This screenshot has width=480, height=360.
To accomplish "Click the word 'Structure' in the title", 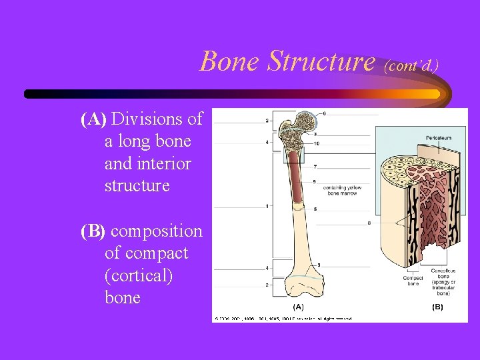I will click(321, 61).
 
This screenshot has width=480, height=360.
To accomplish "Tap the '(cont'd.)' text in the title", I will click(412, 65).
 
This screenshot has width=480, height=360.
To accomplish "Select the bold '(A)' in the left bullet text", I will click(93, 119).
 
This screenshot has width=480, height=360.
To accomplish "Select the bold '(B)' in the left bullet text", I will click(93, 231).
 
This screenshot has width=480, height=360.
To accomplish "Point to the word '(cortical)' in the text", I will click(139, 275).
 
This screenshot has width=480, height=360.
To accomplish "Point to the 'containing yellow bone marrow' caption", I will click(341, 191).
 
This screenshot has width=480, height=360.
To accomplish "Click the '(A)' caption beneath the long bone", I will click(298, 307).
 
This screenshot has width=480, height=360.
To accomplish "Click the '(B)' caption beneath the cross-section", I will click(437, 307).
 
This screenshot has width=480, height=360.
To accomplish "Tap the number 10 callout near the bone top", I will click(316, 143).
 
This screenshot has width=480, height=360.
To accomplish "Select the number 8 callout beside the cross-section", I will click(369, 223).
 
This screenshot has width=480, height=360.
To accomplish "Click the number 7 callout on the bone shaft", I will click(315, 166).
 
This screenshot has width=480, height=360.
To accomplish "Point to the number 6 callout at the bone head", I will click(324, 114).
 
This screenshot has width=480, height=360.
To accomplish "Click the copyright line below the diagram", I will click(283, 318).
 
